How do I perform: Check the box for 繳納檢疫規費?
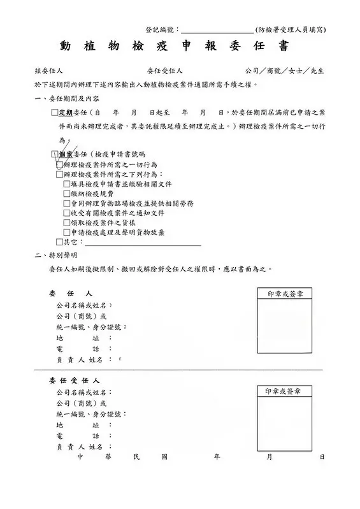[x=67, y=194]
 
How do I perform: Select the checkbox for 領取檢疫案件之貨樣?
[x=67, y=223]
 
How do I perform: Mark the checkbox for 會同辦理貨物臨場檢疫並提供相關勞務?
[x=67, y=203]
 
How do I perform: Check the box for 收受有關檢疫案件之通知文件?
[x=67, y=213]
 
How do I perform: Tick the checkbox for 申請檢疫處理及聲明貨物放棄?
[x=67, y=233]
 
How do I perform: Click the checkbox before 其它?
[x=59, y=242]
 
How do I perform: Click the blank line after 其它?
[x=143, y=243]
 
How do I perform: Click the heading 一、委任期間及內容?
[x=66, y=99]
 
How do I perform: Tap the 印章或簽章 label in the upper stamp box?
[x=284, y=294]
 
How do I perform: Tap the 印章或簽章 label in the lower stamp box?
[x=284, y=391]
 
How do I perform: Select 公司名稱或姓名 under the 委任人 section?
[x=82, y=306]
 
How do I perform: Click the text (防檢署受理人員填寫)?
[x=290, y=30]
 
